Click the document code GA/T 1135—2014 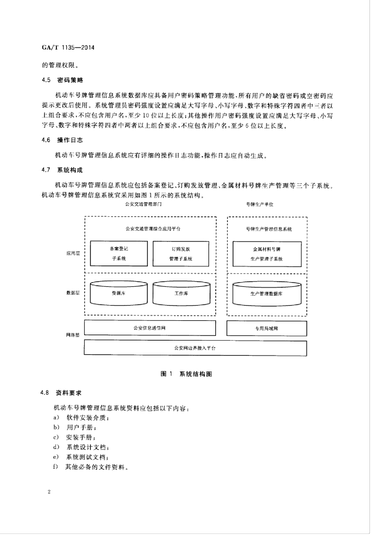coord(68,48)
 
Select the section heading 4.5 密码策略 coord(63,80)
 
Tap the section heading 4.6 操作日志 coord(63,140)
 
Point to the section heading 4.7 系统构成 coord(63,170)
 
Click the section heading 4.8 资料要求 coord(61,393)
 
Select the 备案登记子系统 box coord(119,253)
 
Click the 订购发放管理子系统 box coord(181,253)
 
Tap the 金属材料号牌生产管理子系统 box coord(267,254)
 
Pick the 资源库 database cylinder coord(119,293)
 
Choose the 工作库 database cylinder coord(181,293)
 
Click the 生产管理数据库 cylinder coord(267,294)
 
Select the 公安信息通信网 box coord(150,328)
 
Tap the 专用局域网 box coord(266,328)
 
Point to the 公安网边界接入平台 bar coord(195,348)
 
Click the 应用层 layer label coord(73,253)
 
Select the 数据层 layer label coord(73,293)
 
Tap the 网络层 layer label coord(73,335)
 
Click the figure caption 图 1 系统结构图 coord(186,374)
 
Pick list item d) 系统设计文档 coord(81,447)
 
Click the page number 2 coord(49,492)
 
